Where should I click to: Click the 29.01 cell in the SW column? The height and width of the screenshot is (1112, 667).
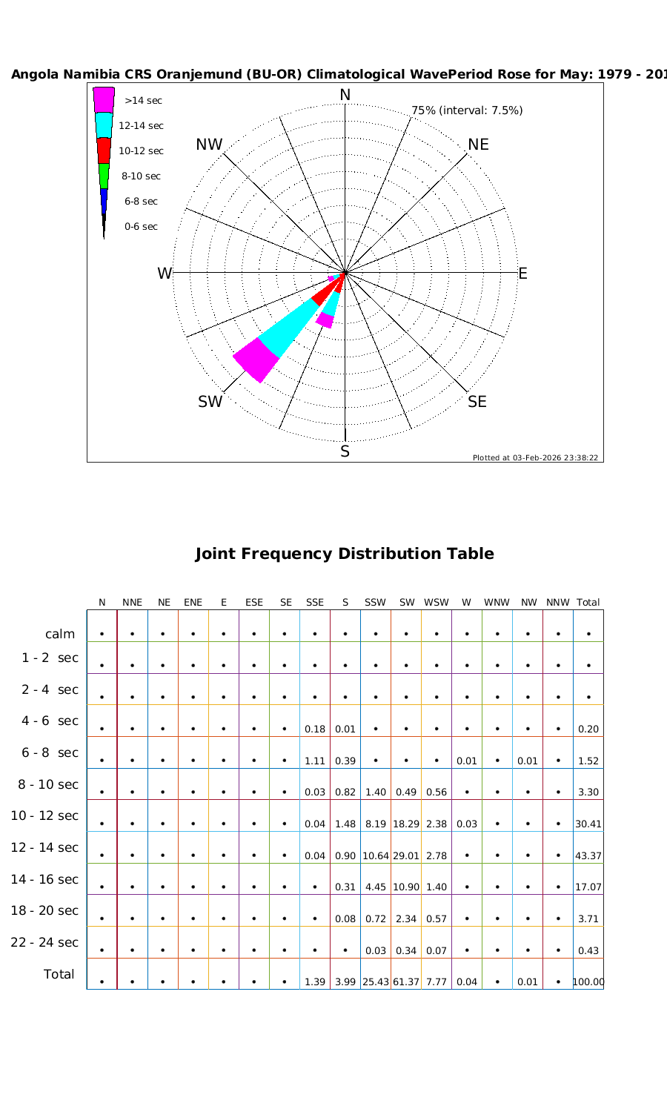click(x=406, y=855)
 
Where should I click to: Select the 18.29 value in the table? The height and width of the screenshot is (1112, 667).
click(x=406, y=824)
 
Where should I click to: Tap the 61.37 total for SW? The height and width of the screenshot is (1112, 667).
click(x=406, y=982)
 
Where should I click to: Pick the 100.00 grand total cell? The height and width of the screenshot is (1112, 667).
click(x=588, y=982)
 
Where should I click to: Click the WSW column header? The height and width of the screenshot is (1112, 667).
click(x=437, y=603)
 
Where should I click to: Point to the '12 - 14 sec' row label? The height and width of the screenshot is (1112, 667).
click(x=44, y=847)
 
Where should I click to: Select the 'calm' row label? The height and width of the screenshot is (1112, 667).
click(x=60, y=634)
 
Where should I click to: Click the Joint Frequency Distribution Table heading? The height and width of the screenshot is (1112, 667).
click(x=345, y=554)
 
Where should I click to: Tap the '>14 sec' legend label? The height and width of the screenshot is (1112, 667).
click(x=143, y=101)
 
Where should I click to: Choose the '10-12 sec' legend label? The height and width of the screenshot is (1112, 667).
click(x=141, y=151)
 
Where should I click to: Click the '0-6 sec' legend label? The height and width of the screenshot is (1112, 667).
click(x=141, y=227)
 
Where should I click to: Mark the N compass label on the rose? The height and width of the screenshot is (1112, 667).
click(x=345, y=95)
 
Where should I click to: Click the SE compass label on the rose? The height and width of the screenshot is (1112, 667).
click(x=477, y=402)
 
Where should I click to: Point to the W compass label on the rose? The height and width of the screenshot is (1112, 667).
click(x=165, y=274)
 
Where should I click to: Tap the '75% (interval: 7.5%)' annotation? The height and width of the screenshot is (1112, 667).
click(x=467, y=110)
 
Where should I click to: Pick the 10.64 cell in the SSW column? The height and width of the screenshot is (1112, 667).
click(x=376, y=855)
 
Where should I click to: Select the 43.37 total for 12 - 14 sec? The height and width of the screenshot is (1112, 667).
click(x=588, y=855)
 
